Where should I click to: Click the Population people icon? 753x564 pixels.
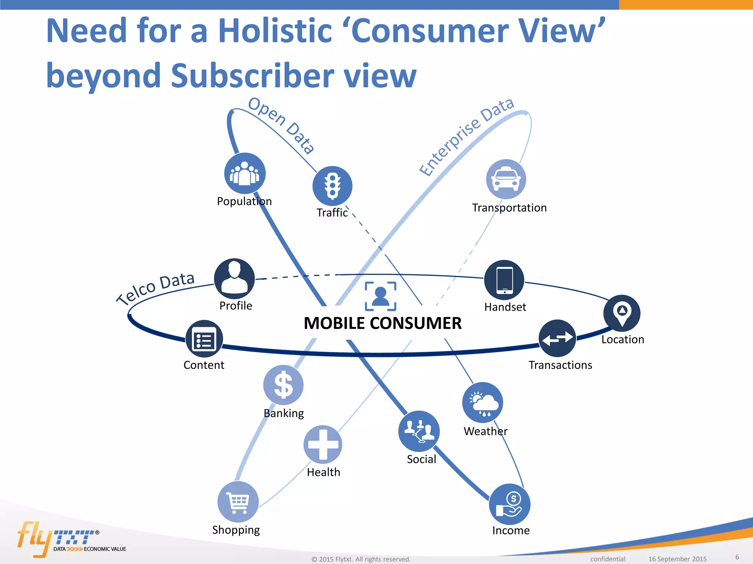click(245, 173)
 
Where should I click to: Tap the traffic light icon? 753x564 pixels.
click(332, 186)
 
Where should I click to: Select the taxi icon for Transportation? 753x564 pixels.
click(506, 179)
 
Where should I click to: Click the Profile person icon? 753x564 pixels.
click(235, 278)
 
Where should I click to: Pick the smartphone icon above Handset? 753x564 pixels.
click(504, 280)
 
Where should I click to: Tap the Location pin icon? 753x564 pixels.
click(622, 313)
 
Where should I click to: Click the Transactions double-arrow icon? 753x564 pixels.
click(557, 338)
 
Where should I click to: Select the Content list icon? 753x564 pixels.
click(204, 339)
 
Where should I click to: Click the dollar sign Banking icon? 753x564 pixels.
click(283, 385)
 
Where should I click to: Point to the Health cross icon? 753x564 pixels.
click(323, 445)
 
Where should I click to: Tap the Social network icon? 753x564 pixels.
click(419, 431)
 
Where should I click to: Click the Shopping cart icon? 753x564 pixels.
click(238, 502)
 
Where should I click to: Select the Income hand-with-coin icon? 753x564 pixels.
click(510, 504)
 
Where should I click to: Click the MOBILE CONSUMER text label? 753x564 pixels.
click(382, 323)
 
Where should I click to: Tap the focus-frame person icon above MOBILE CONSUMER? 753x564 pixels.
click(381, 296)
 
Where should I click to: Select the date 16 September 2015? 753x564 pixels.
click(677, 559)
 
